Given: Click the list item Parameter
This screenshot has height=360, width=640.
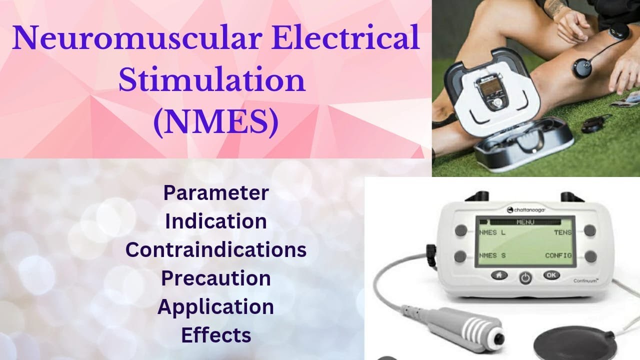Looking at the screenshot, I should coord(216,192).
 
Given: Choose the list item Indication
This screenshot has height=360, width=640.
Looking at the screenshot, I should coord(216,221).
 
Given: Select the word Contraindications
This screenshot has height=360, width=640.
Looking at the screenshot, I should coord(216,249).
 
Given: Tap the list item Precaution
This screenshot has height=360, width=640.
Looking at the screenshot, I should coord(216,278).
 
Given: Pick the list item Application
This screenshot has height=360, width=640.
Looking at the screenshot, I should coord(216,306).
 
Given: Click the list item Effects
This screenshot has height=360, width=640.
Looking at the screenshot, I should coord(216,335).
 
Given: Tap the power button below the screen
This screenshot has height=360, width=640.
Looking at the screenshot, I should coord(525,277).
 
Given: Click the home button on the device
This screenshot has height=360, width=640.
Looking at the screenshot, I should coord(499,275).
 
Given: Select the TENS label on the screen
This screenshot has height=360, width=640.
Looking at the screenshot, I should coord(562,232).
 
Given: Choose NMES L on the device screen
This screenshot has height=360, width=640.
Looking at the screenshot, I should coord(492,232).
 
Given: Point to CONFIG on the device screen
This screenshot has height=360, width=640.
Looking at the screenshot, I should coord(558,255).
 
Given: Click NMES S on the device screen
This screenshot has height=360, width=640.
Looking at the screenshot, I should coord(492,255).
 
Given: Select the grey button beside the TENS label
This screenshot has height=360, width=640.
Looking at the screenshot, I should coord(590,230).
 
